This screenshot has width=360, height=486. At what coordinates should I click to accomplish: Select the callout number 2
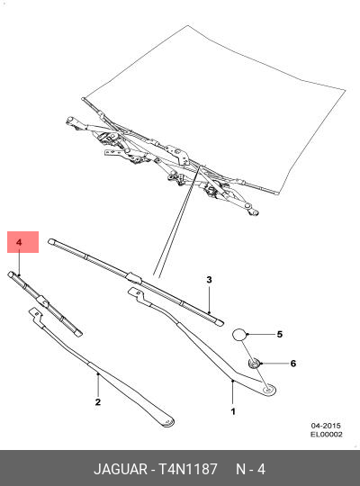point(97,402)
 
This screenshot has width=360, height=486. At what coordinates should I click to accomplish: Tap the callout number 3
point(209,280)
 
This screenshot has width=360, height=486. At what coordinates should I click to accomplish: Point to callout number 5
point(279,335)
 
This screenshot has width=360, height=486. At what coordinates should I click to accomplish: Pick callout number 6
point(291,363)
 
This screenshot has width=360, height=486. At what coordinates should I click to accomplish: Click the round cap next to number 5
point(240,335)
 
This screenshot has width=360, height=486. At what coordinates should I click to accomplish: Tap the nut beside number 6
point(255,363)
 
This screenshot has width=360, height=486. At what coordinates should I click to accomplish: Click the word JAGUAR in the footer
point(123,469)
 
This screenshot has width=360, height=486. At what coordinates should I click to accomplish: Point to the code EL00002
point(325,435)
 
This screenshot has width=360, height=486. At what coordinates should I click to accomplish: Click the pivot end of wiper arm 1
point(268,390)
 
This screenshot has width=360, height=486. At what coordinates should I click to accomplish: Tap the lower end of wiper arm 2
point(165,419)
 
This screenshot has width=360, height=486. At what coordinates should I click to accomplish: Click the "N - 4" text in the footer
point(250,469)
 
